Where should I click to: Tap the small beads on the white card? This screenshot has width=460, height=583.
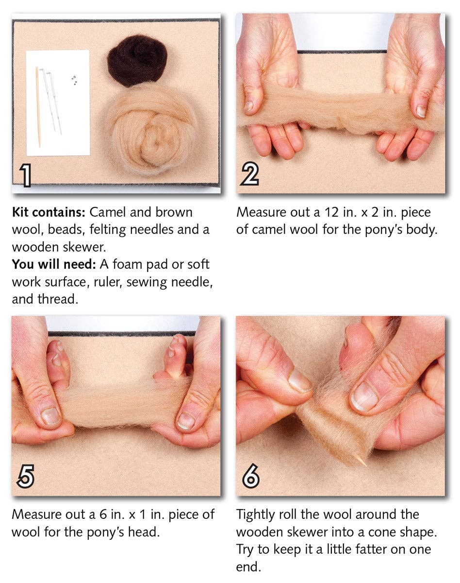tap(74, 80)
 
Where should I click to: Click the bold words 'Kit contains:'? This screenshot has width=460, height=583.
tap(48, 212)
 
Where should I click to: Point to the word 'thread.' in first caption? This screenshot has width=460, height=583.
tap(58, 299)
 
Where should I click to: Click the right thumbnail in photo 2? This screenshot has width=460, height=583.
tap(421, 111)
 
